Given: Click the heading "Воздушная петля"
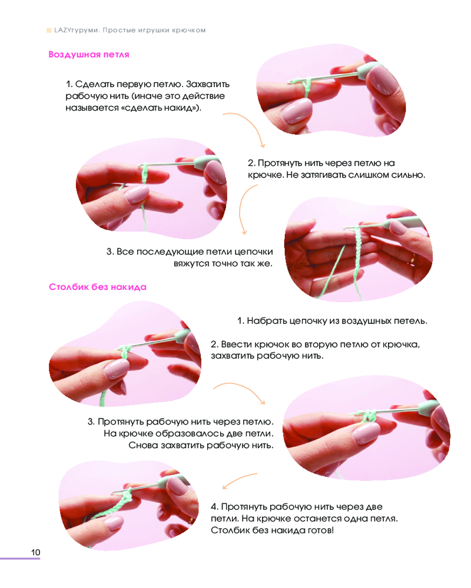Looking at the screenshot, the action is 89,55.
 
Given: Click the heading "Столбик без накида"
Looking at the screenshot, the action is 98,288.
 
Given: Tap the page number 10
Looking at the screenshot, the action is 36,552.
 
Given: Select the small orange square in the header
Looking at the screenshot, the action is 49,31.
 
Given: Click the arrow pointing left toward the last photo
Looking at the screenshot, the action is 240,480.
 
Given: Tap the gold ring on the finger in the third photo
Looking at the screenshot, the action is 413,258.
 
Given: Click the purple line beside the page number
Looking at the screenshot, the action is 20,559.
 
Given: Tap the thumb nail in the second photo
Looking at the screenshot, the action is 136,194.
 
